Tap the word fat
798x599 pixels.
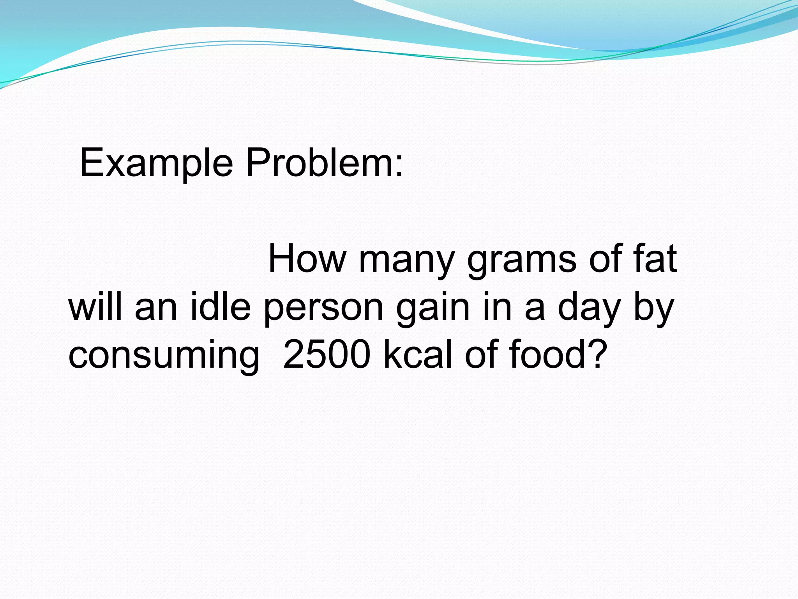point(655,259)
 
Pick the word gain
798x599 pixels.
point(433,310)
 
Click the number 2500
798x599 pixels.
point(327,354)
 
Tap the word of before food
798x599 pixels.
point(482,354)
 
